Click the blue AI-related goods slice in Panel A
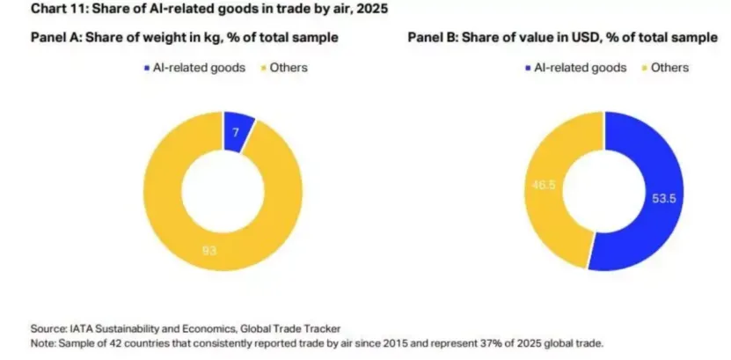click(x=238, y=129)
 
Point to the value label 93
click(x=210, y=251)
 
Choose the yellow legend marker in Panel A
click(x=263, y=67)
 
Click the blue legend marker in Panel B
click(x=527, y=67)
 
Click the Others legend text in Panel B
click(x=671, y=67)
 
